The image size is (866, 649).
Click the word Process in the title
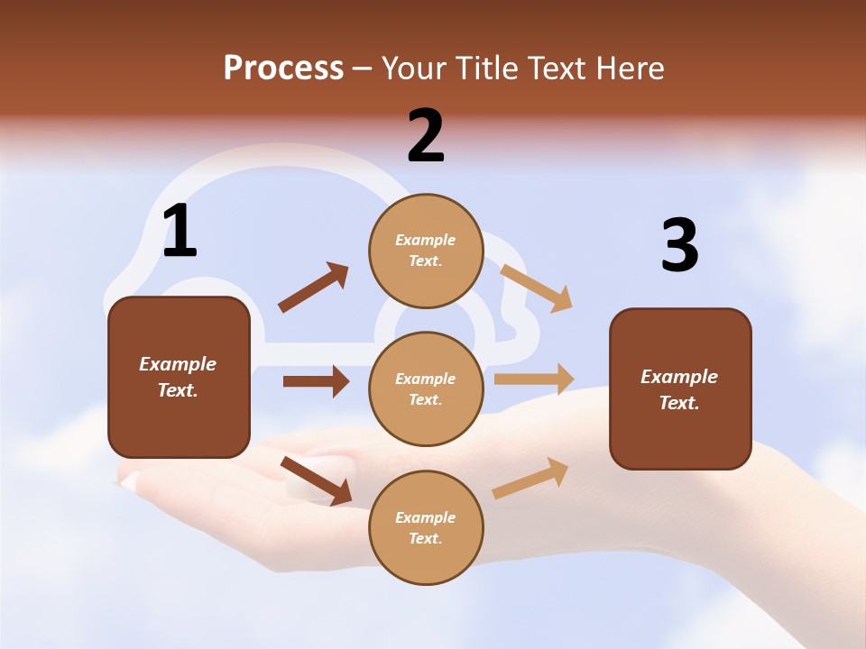pyautogui.click(x=283, y=69)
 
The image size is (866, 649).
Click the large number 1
pyautogui.click(x=180, y=232)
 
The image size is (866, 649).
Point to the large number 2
pyautogui.click(x=426, y=136)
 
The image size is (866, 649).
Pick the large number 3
pyautogui.click(x=679, y=245)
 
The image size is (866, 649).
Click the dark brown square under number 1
pyautogui.click(x=179, y=377)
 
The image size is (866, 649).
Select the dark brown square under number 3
pyautogui.click(x=680, y=388)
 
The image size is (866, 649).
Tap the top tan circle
pyautogui.click(x=426, y=251)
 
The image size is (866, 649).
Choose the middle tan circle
pyautogui.click(x=426, y=388)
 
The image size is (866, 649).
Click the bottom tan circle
pyautogui.click(x=426, y=527)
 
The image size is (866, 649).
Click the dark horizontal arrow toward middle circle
pyautogui.click(x=316, y=381)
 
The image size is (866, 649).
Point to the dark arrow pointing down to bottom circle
pyautogui.click(x=317, y=480)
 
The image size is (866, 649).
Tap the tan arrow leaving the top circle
pyautogui.click(x=537, y=288)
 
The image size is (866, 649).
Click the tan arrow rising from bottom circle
pyautogui.click(x=531, y=478)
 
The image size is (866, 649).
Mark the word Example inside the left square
pyautogui.click(x=178, y=364)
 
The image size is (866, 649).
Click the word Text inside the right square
pyautogui.click(x=678, y=403)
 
